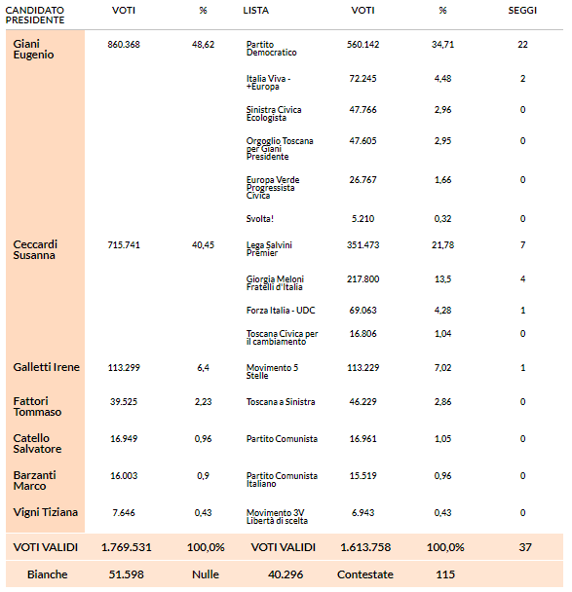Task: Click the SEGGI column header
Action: coord(522,10)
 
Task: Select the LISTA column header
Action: coord(255,10)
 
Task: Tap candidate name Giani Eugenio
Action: coord(33,49)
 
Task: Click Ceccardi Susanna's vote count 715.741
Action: coord(124,245)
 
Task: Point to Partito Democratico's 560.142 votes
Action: coord(362,45)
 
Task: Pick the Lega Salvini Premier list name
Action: coord(269,249)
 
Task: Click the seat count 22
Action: coord(522,45)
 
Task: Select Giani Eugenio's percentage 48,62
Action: coord(203,45)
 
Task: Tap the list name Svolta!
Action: coord(259,219)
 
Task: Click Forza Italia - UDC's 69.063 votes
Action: coord(362,311)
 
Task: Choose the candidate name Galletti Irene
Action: coord(47,367)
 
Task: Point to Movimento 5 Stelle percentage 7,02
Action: coord(442,368)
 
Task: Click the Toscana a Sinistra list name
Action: coord(281,402)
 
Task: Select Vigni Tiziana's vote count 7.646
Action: coord(124,513)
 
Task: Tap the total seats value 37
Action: coord(525,547)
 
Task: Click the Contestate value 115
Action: coord(445,574)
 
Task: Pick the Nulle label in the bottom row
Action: coord(206,574)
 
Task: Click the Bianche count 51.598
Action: coord(126,574)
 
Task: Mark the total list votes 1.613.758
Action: coord(365,547)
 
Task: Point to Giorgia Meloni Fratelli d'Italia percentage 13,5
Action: coord(442,279)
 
